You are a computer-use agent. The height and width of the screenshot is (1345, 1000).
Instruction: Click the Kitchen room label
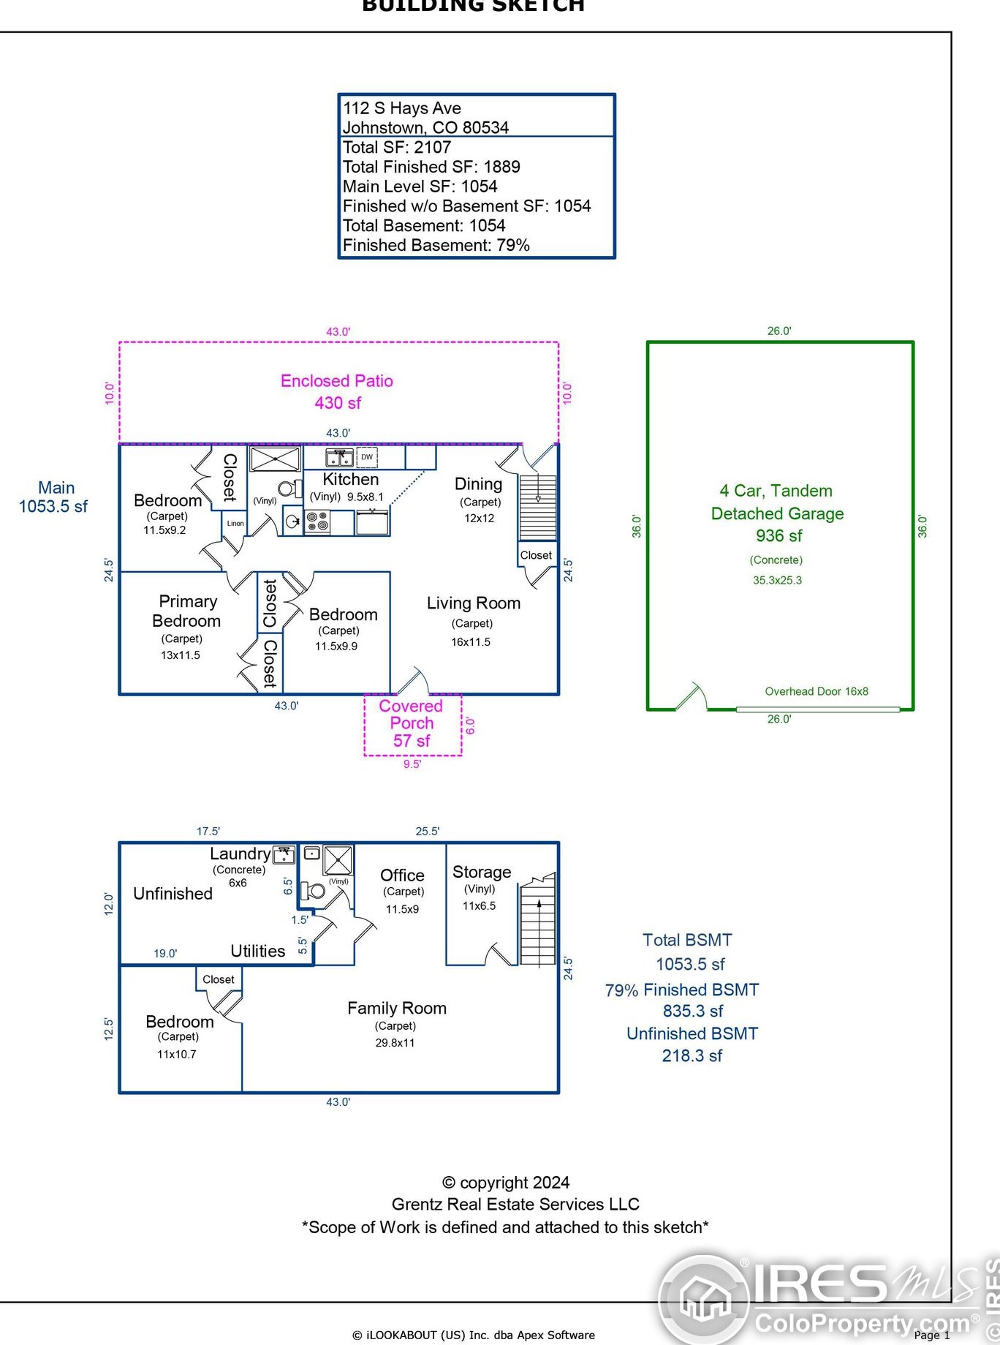[x=351, y=480]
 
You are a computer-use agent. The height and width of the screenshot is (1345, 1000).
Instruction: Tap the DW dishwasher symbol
[x=367, y=457]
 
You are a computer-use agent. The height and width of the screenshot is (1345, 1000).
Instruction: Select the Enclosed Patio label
[x=337, y=381]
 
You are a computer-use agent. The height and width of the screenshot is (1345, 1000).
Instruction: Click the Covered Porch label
[x=412, y=715]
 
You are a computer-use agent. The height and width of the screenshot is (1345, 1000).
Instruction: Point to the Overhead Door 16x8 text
[x=817, y=691]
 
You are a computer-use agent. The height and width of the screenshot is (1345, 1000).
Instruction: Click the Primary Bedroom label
[x=187, y=611]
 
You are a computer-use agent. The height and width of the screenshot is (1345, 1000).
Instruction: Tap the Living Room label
[x=474, y=603]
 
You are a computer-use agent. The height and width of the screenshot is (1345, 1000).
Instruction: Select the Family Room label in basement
[x=397, y=1009]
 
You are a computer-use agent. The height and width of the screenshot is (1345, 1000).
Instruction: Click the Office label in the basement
[x=402, y=875]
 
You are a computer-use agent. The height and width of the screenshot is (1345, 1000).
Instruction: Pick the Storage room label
[x=482, y=872]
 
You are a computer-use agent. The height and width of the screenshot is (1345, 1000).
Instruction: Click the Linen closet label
[x=235, y=523]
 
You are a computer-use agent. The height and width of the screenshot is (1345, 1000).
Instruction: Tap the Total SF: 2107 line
[x=397, y=147]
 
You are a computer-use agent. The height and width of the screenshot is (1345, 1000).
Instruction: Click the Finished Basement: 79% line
[x=436, y=245]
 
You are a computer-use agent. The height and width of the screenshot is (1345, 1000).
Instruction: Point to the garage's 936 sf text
[x=779, y=536]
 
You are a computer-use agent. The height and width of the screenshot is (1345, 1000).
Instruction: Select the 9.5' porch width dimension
[x=412, y=764]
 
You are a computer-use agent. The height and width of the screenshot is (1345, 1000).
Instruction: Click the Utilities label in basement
[x=258, y=951]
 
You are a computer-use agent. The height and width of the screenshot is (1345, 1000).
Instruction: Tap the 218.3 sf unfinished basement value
[x=692, y=1055]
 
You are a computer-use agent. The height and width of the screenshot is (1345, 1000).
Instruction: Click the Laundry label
[x=240, y=854]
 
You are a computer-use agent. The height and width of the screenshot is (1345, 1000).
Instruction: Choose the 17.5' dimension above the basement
[x=208, y=831]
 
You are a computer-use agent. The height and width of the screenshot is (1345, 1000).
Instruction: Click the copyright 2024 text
[x=506, y=1183]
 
